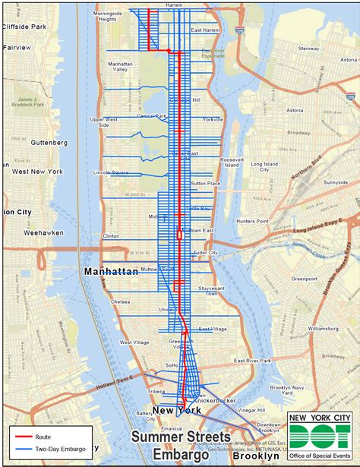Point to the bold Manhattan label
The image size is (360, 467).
click(x=110, y=271)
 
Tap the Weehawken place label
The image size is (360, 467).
click(x=43, y=232)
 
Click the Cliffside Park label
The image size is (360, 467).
click(x=26, y=26)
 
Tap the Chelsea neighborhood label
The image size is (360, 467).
click(x=121, y=301)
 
